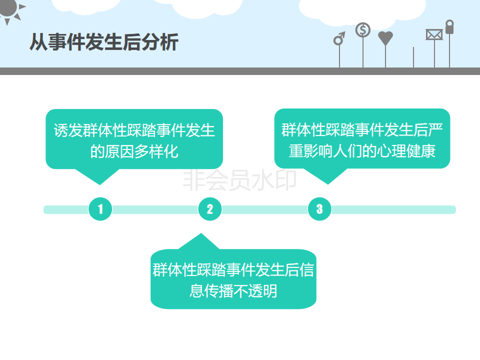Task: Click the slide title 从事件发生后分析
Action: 104,42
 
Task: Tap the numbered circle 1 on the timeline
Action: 100,209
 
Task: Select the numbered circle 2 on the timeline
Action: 210,209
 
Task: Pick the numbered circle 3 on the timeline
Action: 319,209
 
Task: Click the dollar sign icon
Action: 363,30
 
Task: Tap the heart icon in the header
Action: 385,38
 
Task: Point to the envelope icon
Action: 434,34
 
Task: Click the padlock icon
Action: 449,27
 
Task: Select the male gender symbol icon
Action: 339,39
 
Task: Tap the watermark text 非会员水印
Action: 240,181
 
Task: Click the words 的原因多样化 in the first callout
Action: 134,151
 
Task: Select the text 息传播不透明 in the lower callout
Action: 233,291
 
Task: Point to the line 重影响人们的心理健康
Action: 362,151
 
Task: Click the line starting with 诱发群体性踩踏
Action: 134,131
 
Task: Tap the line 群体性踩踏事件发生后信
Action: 233,270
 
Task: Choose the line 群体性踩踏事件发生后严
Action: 362,130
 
